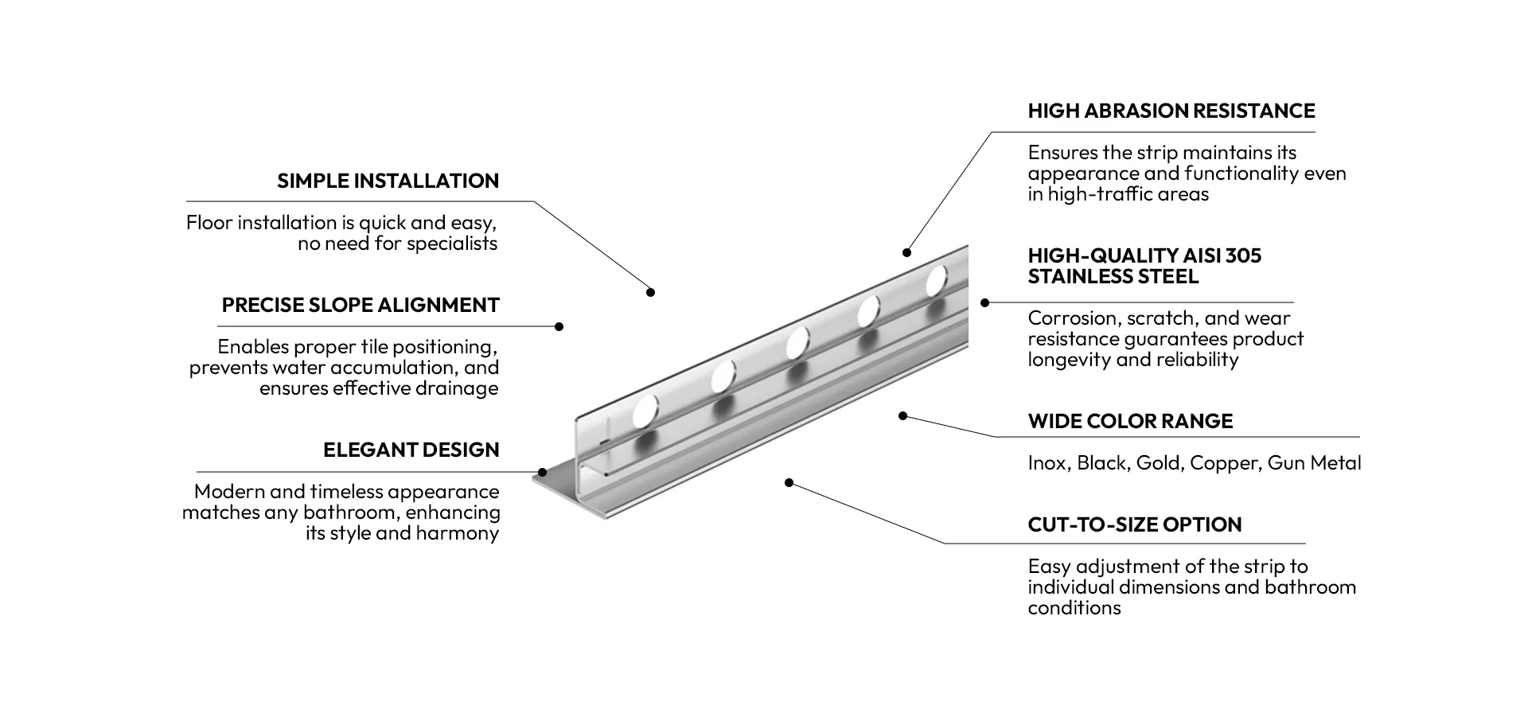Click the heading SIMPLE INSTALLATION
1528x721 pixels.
pyautogui.click(x=388, y=181)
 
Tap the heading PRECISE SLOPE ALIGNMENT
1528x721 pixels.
pyautogui.click(x=361, y=305)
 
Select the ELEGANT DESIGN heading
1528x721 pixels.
pyautogui.click(x=411, y=450)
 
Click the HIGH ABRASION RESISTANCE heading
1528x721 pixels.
pyautogui.click(x=1171, y=111)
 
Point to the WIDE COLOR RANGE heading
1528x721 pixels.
pyautogui.click(x=1130, y=421)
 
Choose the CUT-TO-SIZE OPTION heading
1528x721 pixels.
pyautogui.click(x=1135, y=524)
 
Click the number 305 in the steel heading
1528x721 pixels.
pyautogui.click(x=1243, y=255)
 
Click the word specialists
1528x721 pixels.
pyautogui.click(x=452, y=244)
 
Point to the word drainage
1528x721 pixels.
pyautogui.click(x=456, y=388)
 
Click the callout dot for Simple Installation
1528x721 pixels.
pyautogui.click(x=650, y=292)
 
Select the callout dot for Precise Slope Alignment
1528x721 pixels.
pyautogui.click(x=559, y=326)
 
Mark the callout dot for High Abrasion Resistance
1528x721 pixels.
pyautogui.click(x=906, y=252)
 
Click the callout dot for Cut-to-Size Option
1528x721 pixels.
pyautogui.click(x=789, y=482)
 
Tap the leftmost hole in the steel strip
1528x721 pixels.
pyautogui.click(x=646, y=411)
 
